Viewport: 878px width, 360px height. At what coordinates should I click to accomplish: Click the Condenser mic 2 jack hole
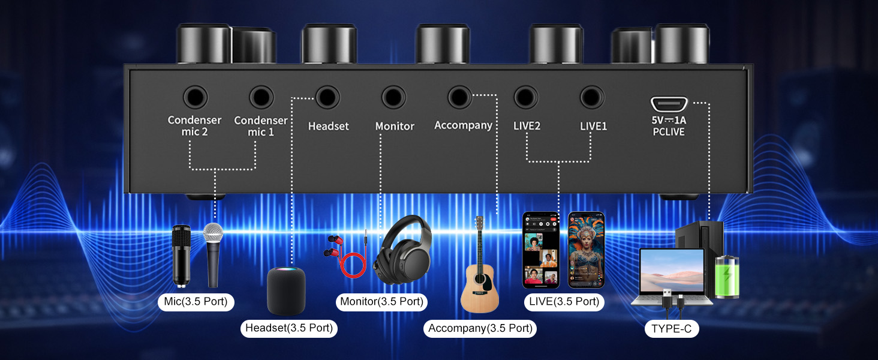(x=195, y=97)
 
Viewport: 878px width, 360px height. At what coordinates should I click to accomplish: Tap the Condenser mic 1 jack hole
(x=261, y=97)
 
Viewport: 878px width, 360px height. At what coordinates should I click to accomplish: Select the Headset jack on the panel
(x=327, y=97)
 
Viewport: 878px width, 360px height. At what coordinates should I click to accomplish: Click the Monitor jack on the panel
(x=393, y=97)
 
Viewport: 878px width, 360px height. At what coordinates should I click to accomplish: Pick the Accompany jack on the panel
(x=460, y=97)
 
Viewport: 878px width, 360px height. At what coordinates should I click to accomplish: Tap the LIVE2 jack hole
(x=525, y=97)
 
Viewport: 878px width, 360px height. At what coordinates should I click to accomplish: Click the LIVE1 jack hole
(x=592, y=97)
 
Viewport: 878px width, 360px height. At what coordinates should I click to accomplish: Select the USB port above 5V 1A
(x=669, y=104)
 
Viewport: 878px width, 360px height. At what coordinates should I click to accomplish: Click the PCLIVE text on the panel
(x=669, y=132)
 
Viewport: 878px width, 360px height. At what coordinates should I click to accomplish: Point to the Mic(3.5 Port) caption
(x=196, y=302)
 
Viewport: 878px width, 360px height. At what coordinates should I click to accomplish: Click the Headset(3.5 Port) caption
(x=289, y=328)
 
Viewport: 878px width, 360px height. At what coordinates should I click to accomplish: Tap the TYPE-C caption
(x=672, y=329)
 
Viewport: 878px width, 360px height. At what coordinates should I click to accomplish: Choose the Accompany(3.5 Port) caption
(x=480, y=328)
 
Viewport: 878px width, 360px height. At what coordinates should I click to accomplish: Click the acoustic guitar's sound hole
(x=480, y=279)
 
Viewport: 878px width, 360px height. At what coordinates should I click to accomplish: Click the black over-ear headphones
(x=402, y=250)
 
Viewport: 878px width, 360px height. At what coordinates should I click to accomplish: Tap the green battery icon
(x=727, y=276)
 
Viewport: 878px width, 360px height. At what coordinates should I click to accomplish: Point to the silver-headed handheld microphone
(x=214, y=255)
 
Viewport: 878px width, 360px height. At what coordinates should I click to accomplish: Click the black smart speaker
(x=285, y=290)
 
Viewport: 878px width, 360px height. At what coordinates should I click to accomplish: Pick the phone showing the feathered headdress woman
(x=587, y=250)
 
